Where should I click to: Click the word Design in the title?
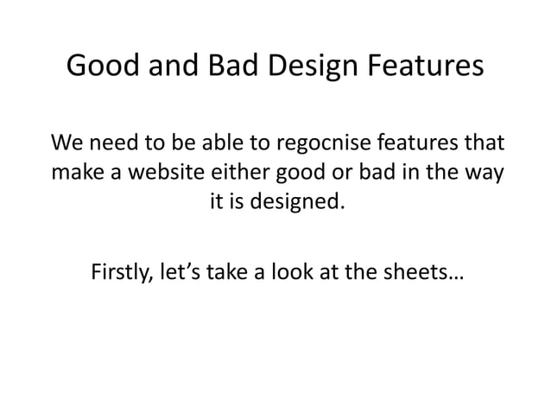(x=301, y=67)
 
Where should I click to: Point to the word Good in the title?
(x=101, y=67)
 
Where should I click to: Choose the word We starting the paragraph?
(x=68, y=142)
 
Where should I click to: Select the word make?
(x=78, y=173)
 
